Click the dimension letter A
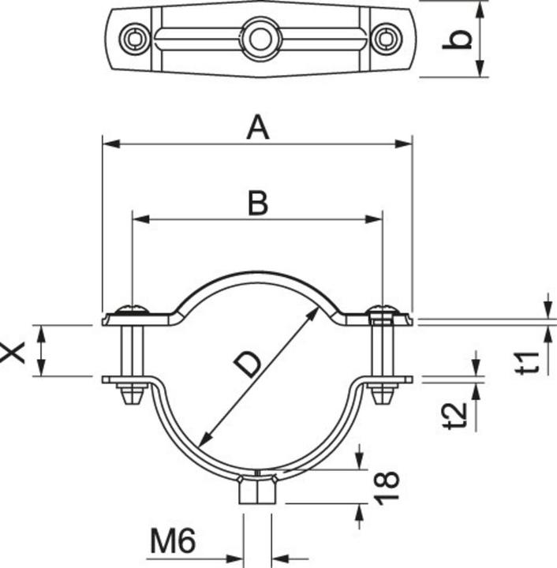click(258, 127)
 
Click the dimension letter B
click(258, 203)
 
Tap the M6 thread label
click(173, 540)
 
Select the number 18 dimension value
click(387, 488)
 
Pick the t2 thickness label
click(455, 415)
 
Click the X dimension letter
click(13, 352)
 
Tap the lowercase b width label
click(458, 39)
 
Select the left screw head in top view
click(135, 39)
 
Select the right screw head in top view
click(387, 39)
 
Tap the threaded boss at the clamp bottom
click(257, 490)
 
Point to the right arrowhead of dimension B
click(374, 219)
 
